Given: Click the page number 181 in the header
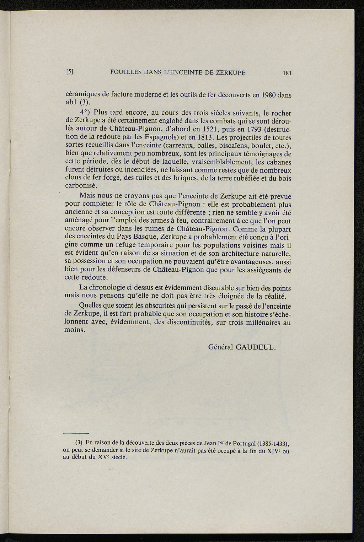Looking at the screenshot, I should click(287, 73).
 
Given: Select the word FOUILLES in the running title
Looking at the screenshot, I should click(125, 72).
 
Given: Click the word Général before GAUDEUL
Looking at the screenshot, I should click(220, 347).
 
